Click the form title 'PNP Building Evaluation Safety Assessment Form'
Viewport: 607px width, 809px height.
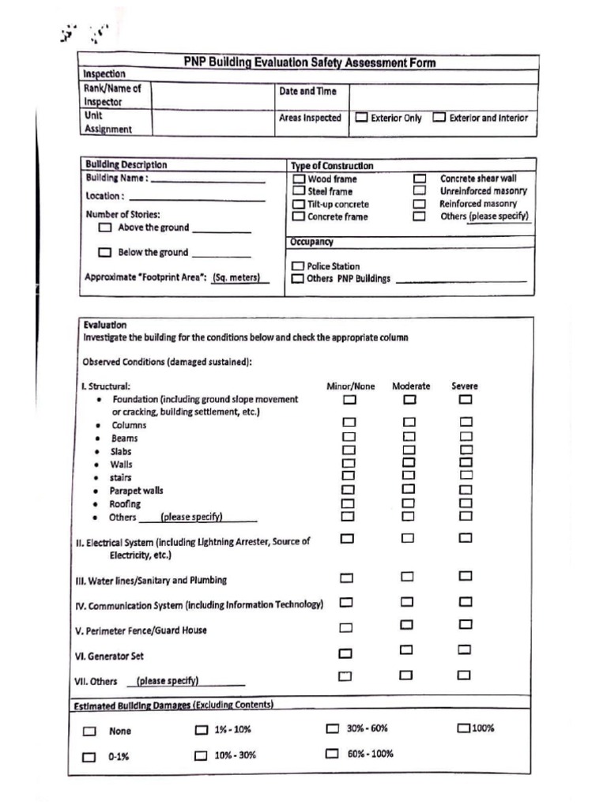click(309, 62)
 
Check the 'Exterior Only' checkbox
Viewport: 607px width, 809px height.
click(361, 118)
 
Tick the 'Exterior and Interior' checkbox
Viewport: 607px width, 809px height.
click(439, 118)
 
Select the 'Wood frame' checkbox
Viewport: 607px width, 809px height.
click(299, 179)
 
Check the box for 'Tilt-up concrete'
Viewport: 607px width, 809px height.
click(299, 204)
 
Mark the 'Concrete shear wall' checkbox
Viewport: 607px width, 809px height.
click(420, 179)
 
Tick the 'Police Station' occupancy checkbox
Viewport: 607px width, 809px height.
click(298, 266)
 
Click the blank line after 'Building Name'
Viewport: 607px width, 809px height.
click(208, 179)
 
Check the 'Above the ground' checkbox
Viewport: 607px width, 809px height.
click(105, 228)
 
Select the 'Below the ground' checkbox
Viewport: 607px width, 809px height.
click(105, 253)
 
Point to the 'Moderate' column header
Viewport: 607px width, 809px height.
click(411, 386)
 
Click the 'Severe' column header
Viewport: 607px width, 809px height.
click(465, 386)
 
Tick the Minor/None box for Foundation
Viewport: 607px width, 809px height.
click(349, 400)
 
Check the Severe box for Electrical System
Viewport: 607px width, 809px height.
click(466, 538)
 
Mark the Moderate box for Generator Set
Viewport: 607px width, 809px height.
click(407, 650)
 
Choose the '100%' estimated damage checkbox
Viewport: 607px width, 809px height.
click(463, 728)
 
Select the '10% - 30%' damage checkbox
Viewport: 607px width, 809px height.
click(202, 755)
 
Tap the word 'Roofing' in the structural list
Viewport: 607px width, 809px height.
click(125, 504)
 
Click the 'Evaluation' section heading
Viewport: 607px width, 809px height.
click(104, 325)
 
